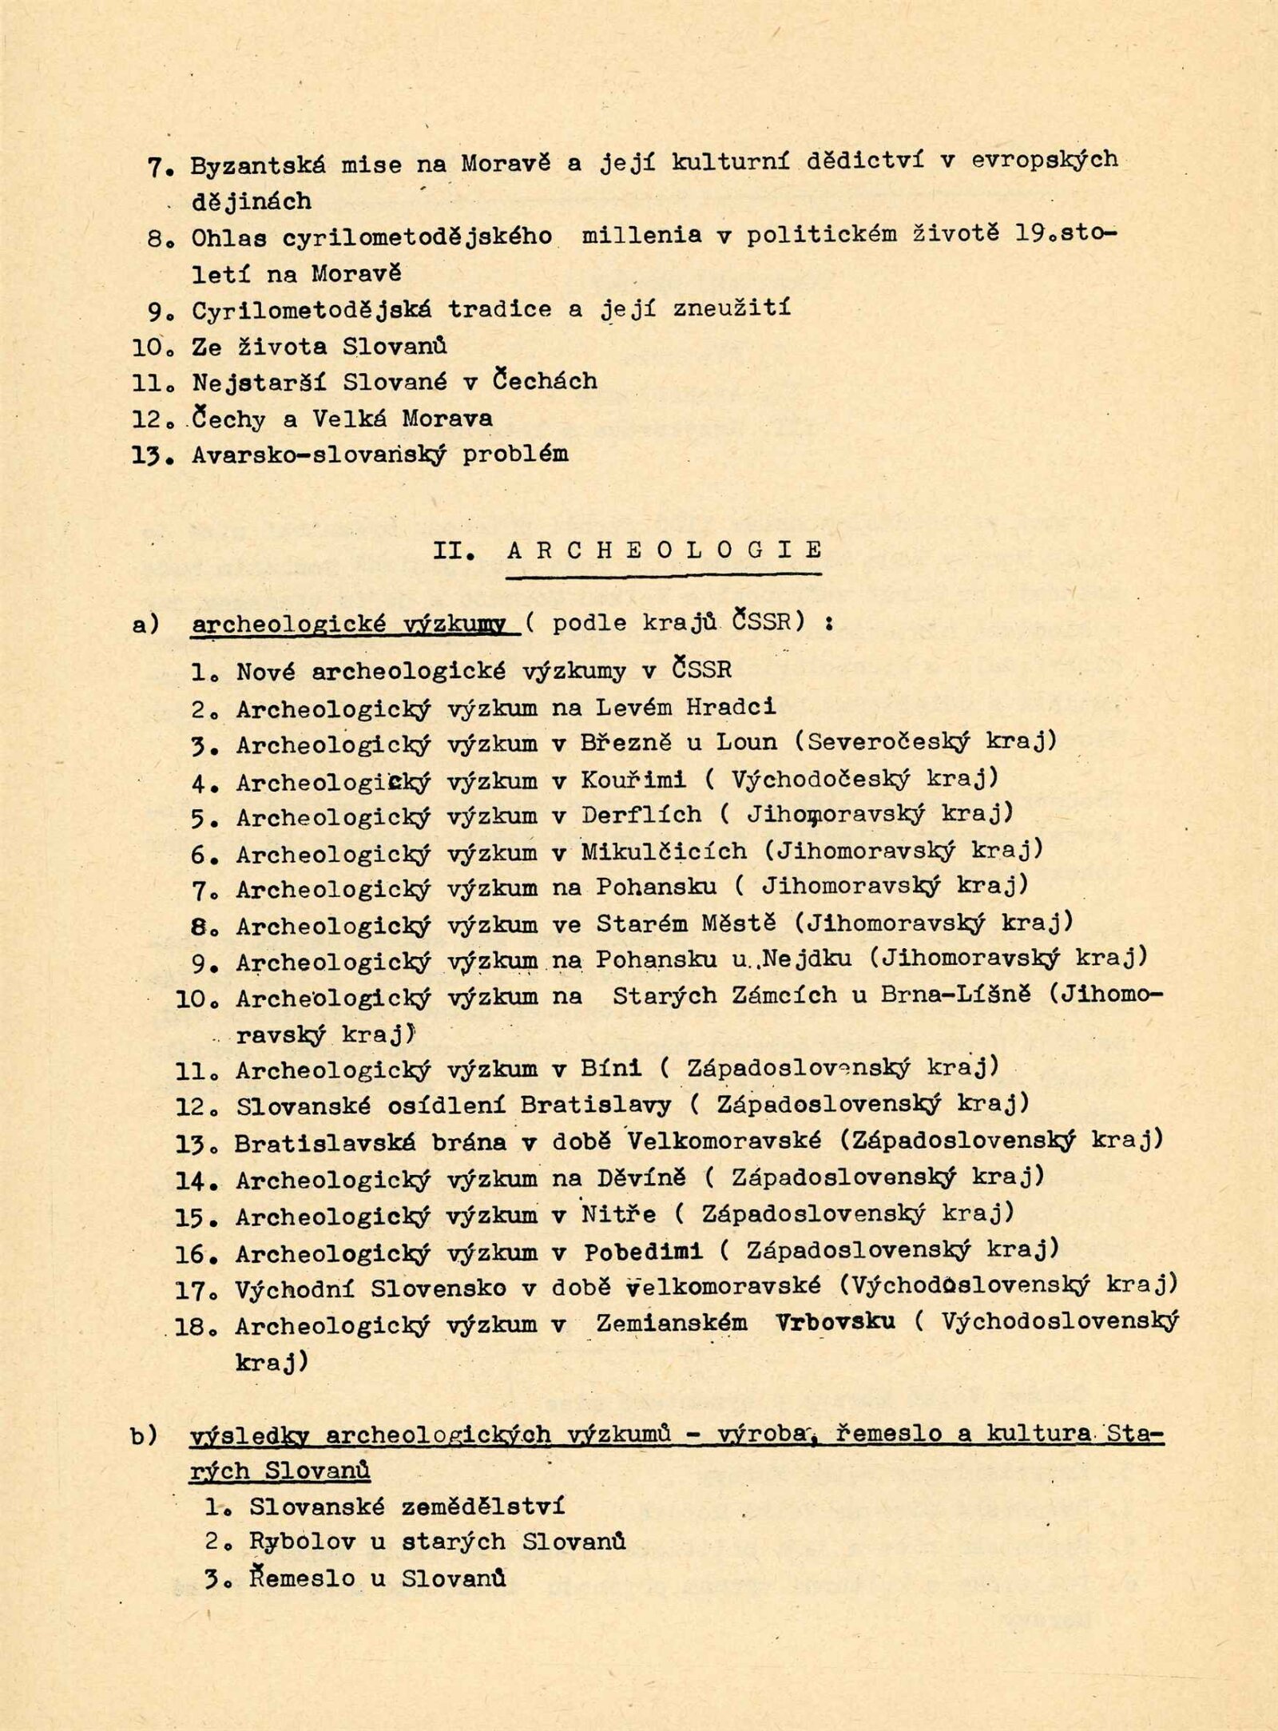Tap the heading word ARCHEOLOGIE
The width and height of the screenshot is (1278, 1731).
click(x=665, y=550)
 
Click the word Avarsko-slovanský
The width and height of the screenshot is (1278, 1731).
click(x=319, y=455)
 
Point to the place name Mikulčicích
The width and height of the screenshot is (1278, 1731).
click(x=664, y=852)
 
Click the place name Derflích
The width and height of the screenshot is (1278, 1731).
click(x=641, y=815)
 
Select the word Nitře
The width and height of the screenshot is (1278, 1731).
click(x=618, y=1215)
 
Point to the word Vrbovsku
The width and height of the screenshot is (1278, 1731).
click(x=835, y=1323)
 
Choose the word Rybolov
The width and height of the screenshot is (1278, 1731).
click(x=301, y=1542)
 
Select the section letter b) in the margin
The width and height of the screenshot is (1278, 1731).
click(x=145, y=1436)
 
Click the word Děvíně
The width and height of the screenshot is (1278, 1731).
click(x=641, y=1178)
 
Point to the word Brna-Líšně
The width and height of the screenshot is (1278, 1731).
click(x=955, y=995)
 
